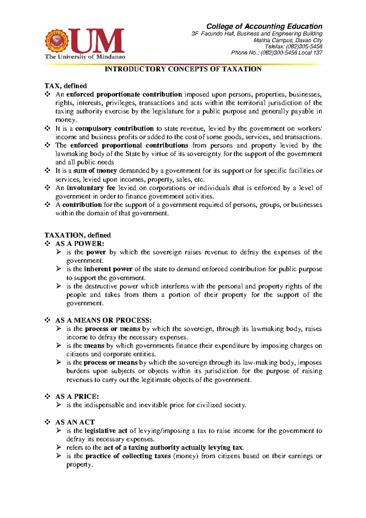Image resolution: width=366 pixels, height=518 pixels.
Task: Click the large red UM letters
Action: (x=97, y=41)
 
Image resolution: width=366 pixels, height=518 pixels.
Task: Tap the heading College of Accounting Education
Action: (x=264, y=27)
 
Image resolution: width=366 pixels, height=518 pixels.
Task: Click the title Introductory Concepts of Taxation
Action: (x=183, y=69)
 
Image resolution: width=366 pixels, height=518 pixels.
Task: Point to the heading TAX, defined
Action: (x=66, y=86)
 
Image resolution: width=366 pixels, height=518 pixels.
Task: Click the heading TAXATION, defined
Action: (x=77, y=235)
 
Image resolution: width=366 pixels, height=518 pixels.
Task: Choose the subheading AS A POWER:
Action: (x=80, y=244)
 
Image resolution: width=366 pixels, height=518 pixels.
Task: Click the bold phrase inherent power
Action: (x=108, y=269)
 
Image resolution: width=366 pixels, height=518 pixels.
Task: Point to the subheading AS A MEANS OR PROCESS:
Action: (x=103, y=320)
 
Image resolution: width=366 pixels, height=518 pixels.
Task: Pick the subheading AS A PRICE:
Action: (x=77, y=397)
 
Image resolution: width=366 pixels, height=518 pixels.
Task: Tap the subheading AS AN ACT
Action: (x=75, y=422)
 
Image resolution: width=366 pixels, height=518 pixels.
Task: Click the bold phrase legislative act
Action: (x=106, y=431)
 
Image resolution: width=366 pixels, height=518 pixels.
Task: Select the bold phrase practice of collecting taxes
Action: (x=128, y=456)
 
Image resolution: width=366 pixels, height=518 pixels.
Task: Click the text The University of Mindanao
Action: (x=85, y=57)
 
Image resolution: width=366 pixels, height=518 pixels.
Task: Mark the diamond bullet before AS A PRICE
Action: (x=48, y=397)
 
